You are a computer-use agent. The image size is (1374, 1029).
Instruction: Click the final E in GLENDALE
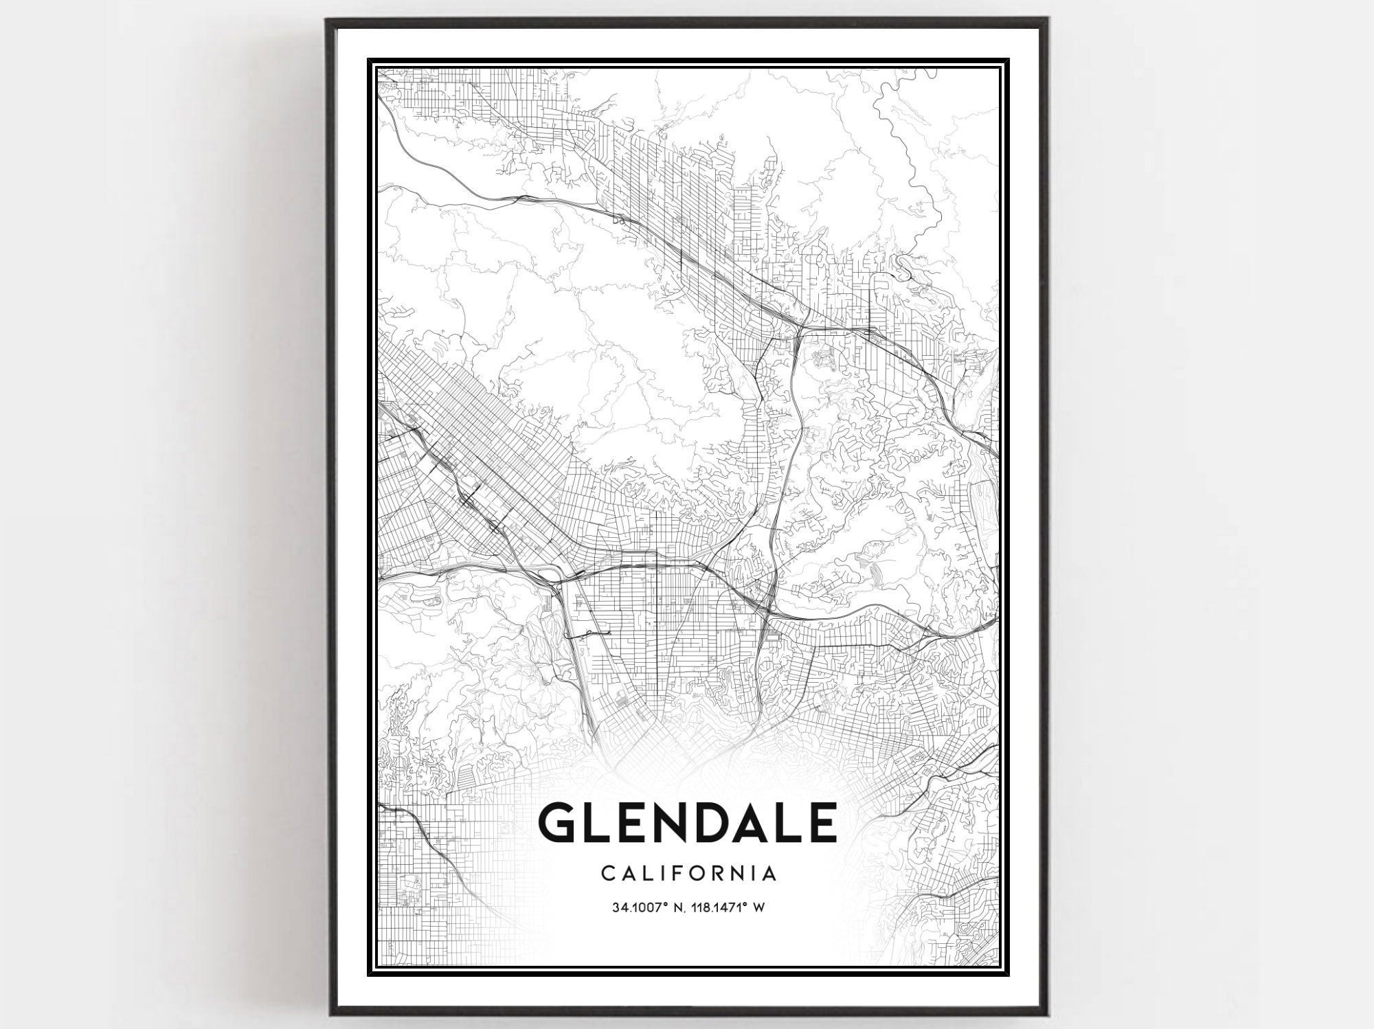point(822,822)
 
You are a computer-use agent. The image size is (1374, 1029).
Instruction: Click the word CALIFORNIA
point(689,874)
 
